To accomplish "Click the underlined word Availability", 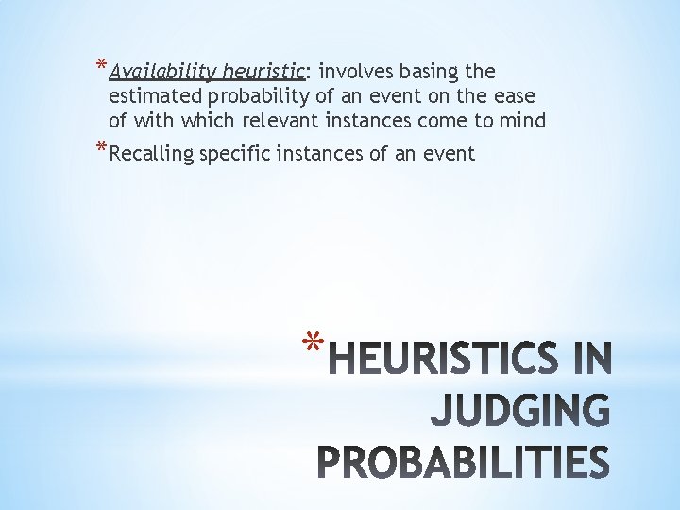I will (x=162, y=72).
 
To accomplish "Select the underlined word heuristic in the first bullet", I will (x=263, y=72).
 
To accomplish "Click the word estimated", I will (x=155, y=96).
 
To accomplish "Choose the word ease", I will (x=516, y=96).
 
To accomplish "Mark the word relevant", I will (x=280, y=121).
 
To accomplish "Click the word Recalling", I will (x=151, y=154).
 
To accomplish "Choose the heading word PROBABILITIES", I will (x=463, y=464).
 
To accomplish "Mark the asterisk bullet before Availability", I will (x=101, y=67).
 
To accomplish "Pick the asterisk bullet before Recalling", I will (x=101, y=149).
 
